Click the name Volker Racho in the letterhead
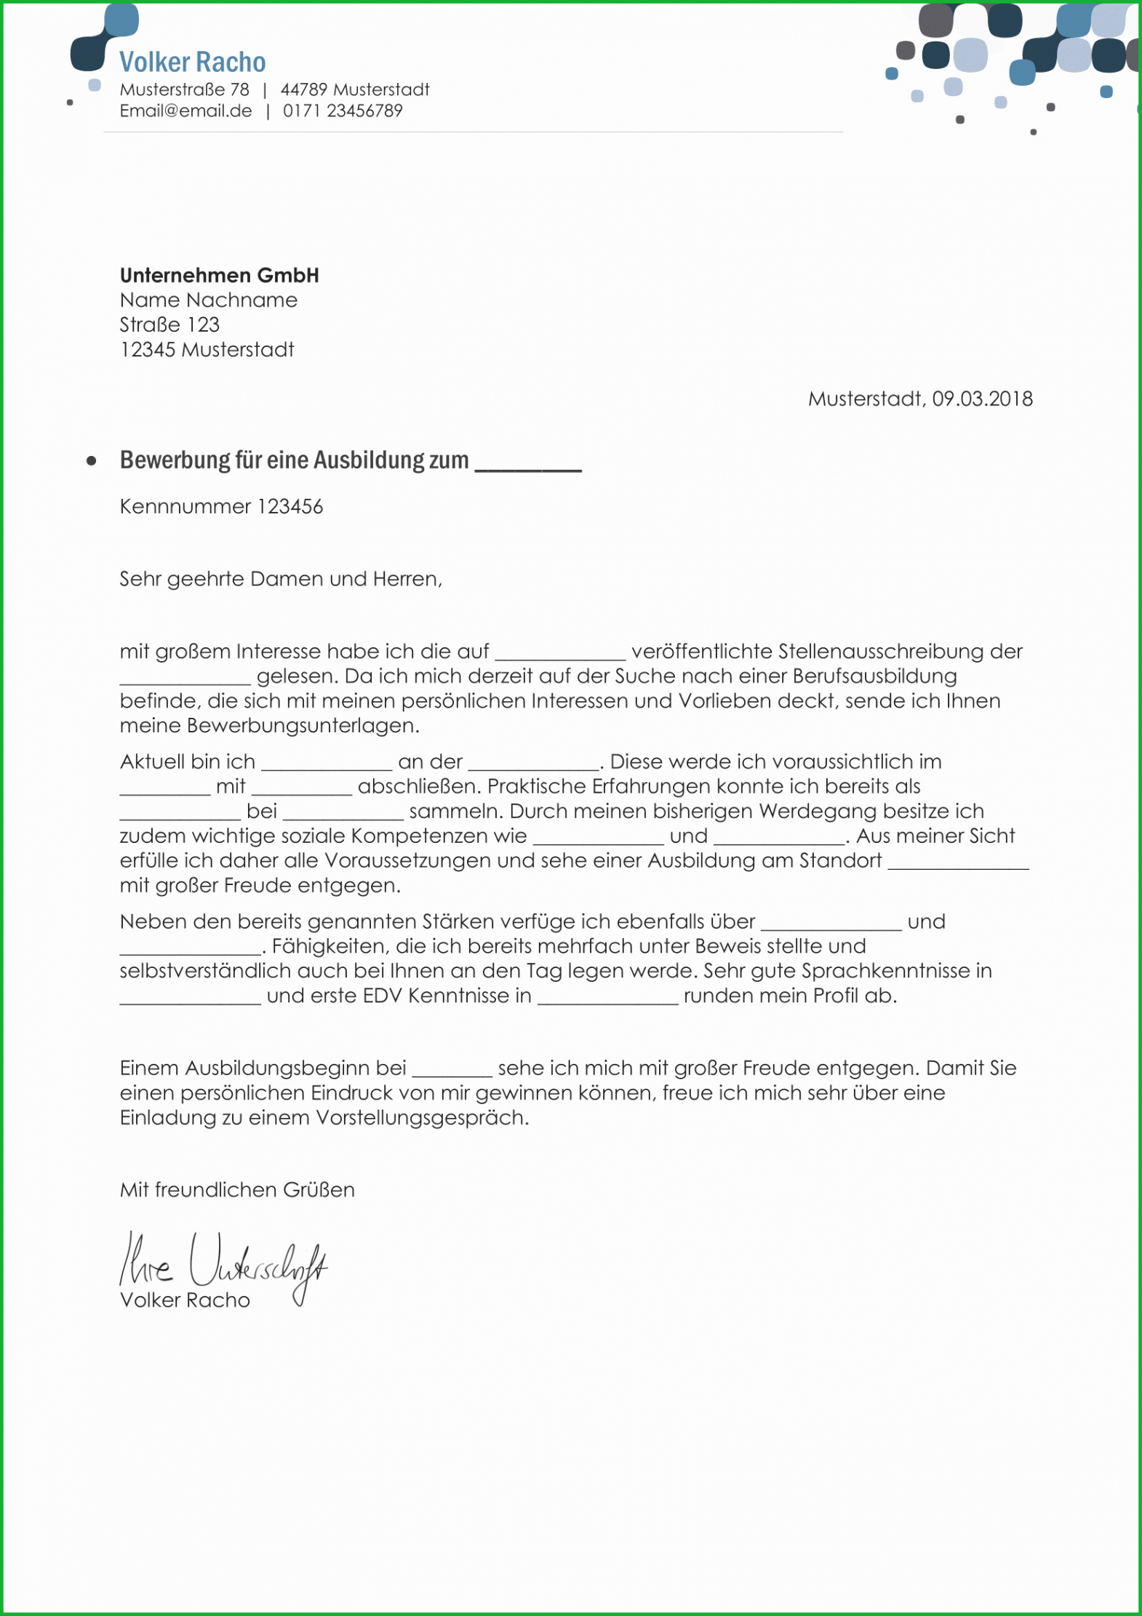[192, 63]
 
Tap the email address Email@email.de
[185, 111]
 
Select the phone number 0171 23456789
[343, 111]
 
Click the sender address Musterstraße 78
[184, 90]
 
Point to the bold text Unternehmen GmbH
[219, 276]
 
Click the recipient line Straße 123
[169, 325]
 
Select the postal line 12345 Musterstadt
[207, 350]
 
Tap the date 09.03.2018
[982, 399]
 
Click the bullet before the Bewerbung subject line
[92, 461]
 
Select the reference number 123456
[290, 507]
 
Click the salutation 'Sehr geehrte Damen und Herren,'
[281, 580]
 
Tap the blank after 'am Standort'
[958, 865]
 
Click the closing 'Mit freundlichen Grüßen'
[237, 1191]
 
